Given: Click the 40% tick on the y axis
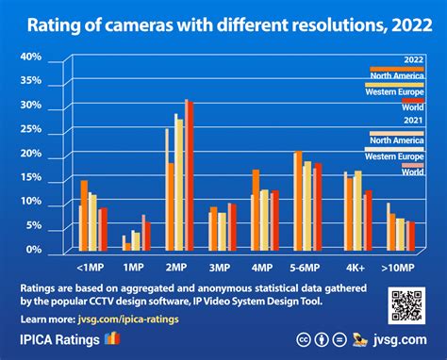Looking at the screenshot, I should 31,57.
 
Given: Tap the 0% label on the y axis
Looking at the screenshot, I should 33,250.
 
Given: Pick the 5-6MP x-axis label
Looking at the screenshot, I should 307,268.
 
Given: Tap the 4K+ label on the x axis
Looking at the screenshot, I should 356,268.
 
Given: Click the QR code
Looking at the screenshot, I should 406,306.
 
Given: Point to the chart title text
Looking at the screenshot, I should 223,25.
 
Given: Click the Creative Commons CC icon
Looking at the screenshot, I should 305,339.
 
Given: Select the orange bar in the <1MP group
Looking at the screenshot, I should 84,216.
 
